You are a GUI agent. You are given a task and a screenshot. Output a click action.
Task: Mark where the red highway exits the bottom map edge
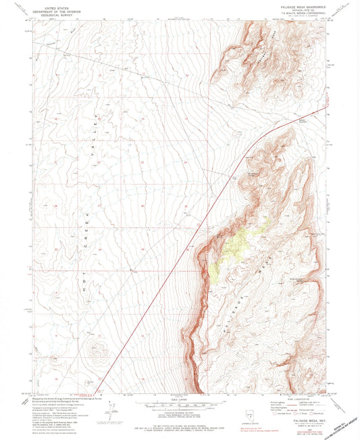tap(97, 393)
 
